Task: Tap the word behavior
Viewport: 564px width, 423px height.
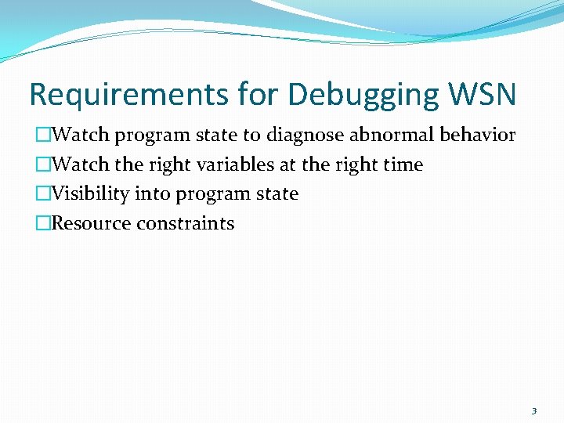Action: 477,135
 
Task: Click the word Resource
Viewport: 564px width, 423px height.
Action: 92,223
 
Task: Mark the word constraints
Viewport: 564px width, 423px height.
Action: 185,223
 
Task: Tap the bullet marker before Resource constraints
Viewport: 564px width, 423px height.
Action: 43,224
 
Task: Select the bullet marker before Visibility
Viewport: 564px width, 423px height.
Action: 43,194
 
